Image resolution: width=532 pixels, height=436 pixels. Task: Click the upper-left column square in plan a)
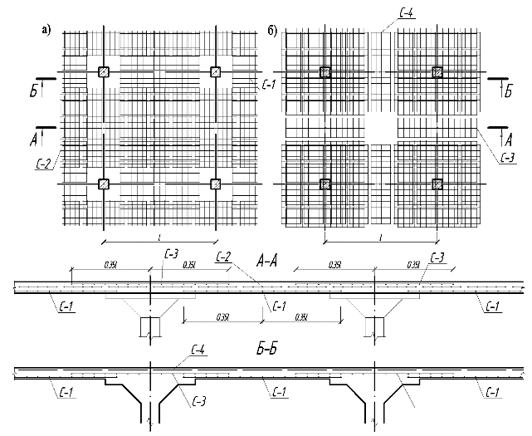click(103, 71)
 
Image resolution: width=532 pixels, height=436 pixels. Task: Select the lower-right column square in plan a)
click(217, 184)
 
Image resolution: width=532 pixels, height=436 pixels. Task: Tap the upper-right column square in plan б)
click(437, 72)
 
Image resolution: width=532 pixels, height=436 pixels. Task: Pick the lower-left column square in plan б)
click(325, 184)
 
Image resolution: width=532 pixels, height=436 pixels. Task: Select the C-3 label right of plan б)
click(508, 158)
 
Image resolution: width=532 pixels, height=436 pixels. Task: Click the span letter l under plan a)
click(157, 238)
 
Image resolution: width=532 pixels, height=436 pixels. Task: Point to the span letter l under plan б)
click(380, 238)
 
